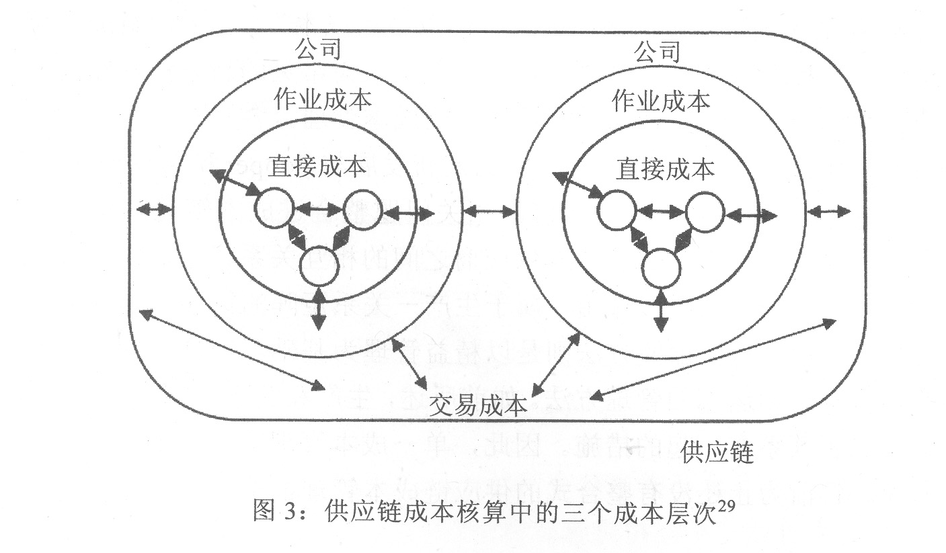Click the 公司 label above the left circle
click(x=317, y=49)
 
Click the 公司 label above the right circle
click(x=657, y=51)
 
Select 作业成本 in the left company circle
click(x=323, y=99)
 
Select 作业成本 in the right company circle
click(x=662, y=101)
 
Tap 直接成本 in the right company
click(x=665, y=169)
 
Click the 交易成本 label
click(x=478, y=405)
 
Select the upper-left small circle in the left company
click(x=274, y=209)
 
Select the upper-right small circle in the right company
click(x=705, y=212)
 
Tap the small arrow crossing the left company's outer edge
click(x=154, y=210)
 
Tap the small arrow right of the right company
click(x=828, y=212)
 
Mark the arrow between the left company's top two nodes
click(x=318, y=210)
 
